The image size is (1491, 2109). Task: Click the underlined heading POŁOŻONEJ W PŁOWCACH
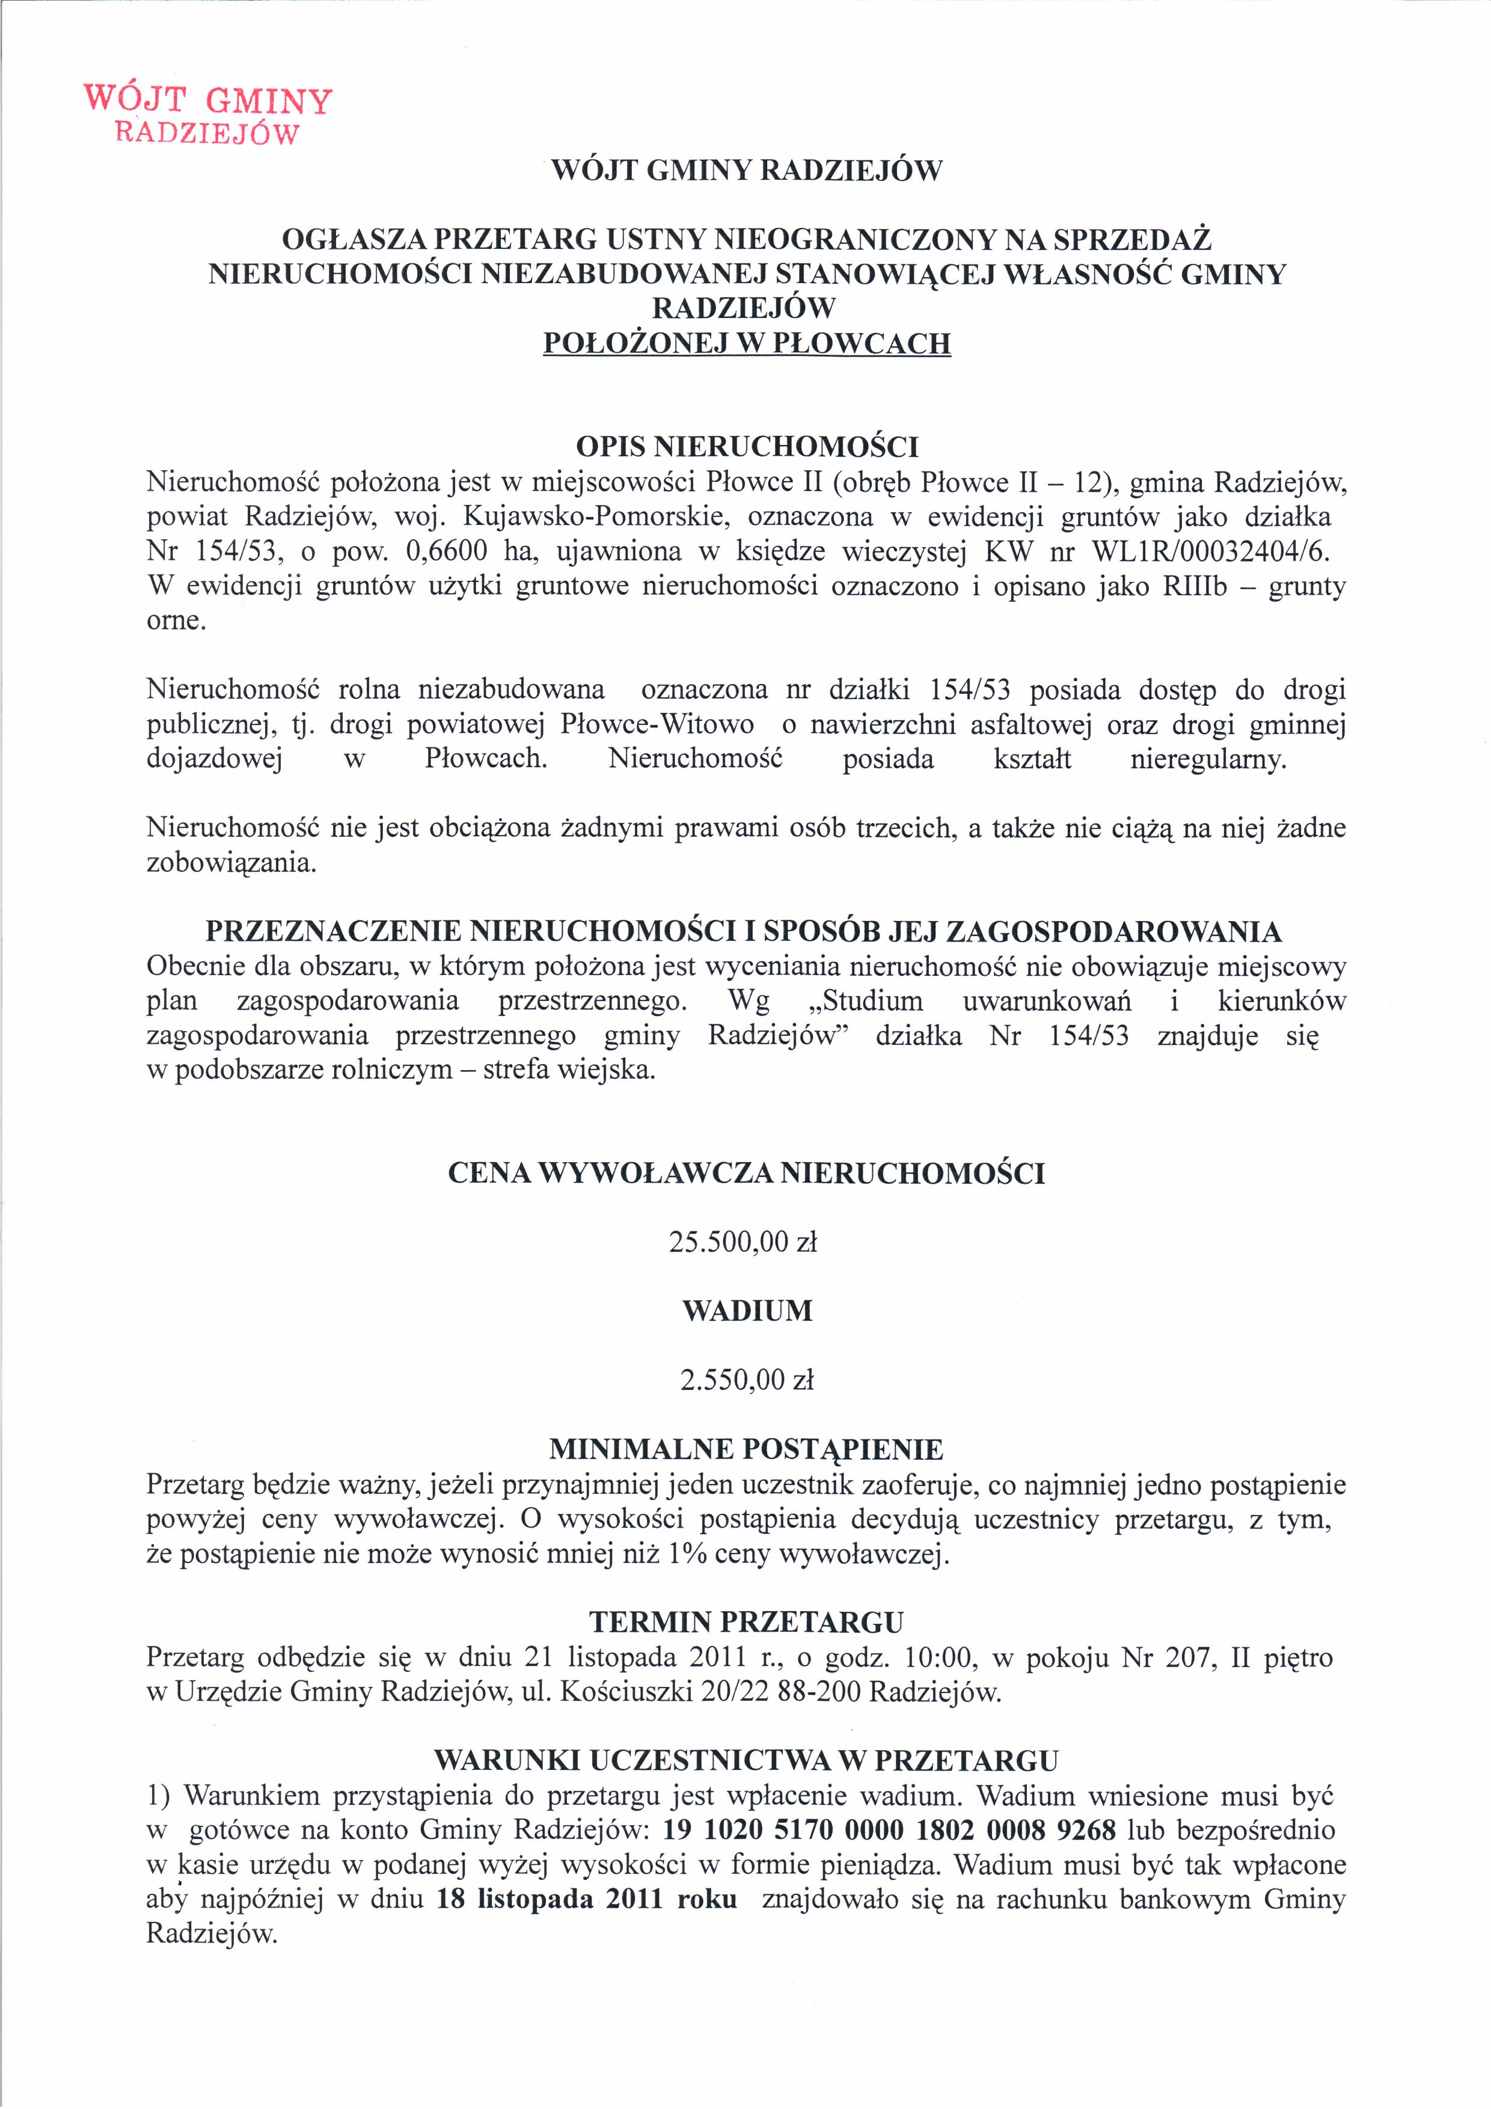[747, 343]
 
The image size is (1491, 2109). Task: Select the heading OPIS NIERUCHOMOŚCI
[747, 447]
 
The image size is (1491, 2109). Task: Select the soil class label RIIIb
[1194, 586]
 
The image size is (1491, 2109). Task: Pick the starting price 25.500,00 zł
[742, 1242]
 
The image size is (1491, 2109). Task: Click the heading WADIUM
[747, 1311]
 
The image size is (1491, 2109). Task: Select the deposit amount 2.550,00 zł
[747, 1380]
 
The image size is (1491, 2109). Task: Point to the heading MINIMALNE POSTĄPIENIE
[746, 1449]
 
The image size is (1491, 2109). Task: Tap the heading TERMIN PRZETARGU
[746, 1622]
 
